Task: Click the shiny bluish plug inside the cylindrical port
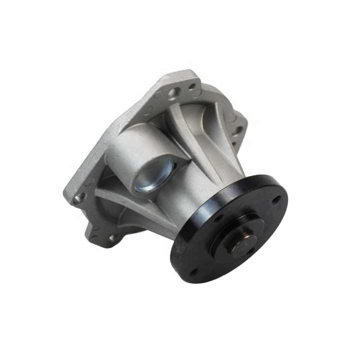click(152, 176)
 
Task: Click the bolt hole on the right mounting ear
click(239, 131)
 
